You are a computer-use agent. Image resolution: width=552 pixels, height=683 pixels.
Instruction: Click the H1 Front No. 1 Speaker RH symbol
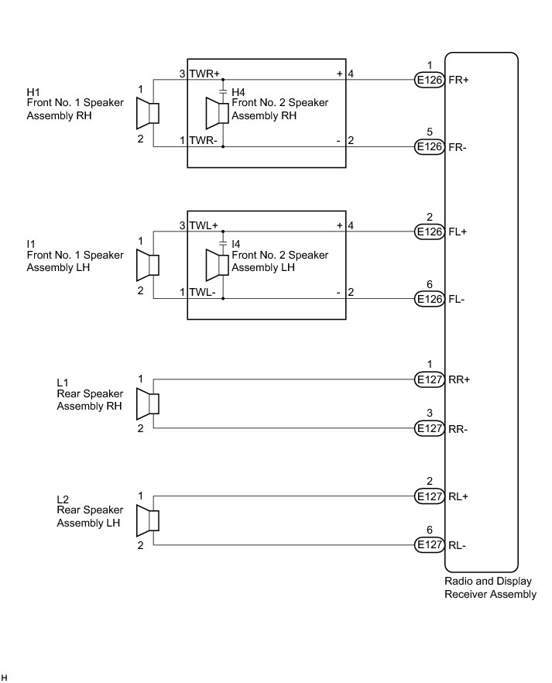click(x=147, y=114)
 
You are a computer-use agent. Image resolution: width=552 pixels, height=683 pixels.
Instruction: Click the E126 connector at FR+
click(x=429, y=80)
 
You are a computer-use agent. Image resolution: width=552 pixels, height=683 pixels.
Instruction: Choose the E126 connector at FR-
click(x=429, y=146)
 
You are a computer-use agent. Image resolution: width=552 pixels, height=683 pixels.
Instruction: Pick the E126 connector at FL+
click(x=429, y=232)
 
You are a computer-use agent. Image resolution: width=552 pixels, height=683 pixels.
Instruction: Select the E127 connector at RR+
click(x=429, y=379)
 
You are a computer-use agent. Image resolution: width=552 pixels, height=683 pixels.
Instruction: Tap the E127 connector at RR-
click(x=429, y=428)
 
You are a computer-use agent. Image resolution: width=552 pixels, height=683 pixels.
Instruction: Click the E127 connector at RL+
click(x=429, y=496)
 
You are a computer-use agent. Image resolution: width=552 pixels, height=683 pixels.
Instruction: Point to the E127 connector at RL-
click(x=429, y=545)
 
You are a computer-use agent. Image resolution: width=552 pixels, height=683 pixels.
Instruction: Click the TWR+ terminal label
click(x=205, y=74)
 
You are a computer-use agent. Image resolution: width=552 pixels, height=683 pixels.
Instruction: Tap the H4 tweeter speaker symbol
click(x=216, y=114)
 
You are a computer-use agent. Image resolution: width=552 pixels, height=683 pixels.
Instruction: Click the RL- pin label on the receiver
click(x=458, y=545)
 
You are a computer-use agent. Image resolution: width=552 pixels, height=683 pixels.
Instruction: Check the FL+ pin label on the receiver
click(x=458, y=232)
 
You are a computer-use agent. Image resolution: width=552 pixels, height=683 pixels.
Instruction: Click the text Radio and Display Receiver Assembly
click(x=490, y=588)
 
